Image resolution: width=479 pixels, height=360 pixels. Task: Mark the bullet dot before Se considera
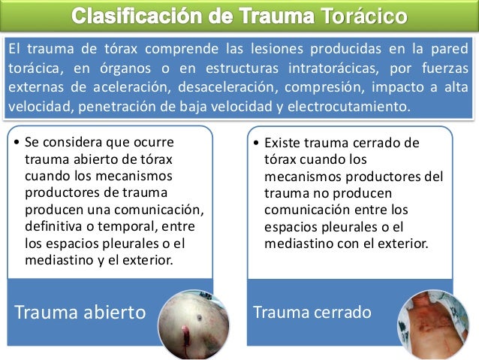pyautogui.click(x=17, y=141)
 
